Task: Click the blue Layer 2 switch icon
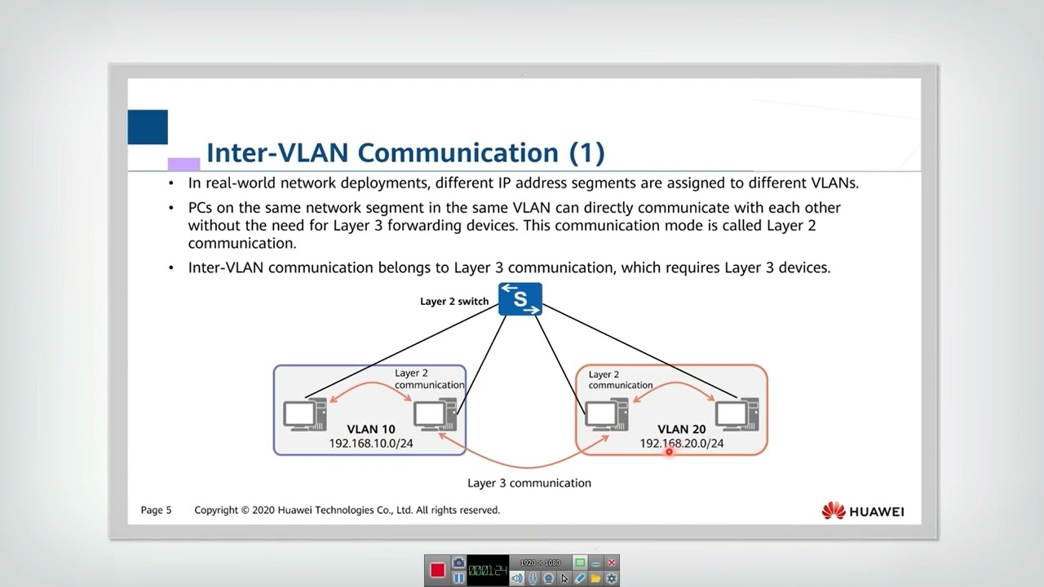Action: coord(520,299)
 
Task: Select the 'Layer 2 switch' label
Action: coord(454,302)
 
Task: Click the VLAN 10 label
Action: coord(371,429)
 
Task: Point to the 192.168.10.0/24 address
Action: coord(371,444)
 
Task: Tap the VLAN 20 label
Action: coord(682,429)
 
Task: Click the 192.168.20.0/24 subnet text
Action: coord(682,444)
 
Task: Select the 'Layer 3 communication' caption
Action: coord(529,483)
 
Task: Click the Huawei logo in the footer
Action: coord(863,511)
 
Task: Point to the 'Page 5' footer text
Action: coord(157,510)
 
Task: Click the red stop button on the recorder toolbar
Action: coord(437,571)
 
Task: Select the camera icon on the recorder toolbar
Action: coord(458,563)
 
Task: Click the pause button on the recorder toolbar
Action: coord(458,578)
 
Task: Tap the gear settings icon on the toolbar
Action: coord(612,578)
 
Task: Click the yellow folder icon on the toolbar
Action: coord(595,578)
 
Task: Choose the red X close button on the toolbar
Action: coord(612,563)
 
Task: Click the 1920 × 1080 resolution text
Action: coord(540,563)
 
